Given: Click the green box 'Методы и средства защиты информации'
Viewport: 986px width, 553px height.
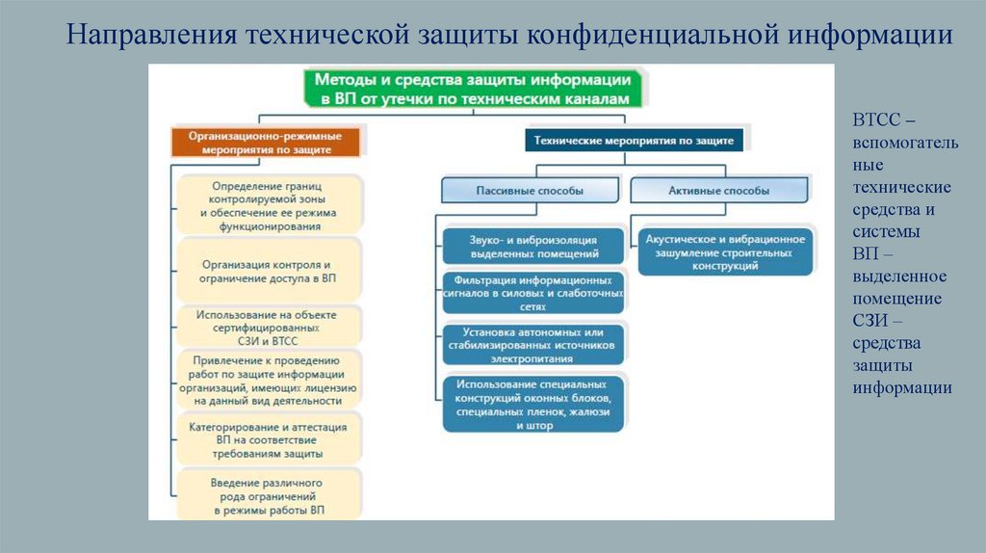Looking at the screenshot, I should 475,88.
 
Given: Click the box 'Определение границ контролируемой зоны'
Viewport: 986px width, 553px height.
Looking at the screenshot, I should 269,204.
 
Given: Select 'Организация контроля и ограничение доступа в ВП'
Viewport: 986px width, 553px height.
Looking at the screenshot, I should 269,271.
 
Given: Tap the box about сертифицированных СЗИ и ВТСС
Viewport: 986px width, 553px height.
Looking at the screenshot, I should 269,328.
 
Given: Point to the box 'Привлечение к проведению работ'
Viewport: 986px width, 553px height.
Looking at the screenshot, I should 269,380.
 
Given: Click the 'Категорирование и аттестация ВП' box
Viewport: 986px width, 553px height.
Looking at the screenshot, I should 269,438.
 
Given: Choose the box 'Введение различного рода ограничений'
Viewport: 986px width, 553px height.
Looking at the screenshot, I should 269,494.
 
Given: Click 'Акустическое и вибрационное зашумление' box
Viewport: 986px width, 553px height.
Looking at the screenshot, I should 725,251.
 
